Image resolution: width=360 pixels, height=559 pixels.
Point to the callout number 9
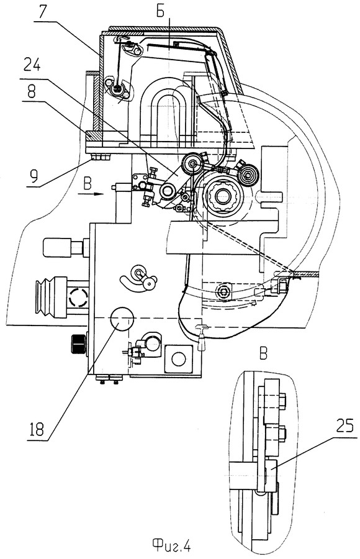point(35,175)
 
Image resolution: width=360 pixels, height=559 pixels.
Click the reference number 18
point(37,429)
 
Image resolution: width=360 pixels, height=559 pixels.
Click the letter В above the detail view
point(263,355)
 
